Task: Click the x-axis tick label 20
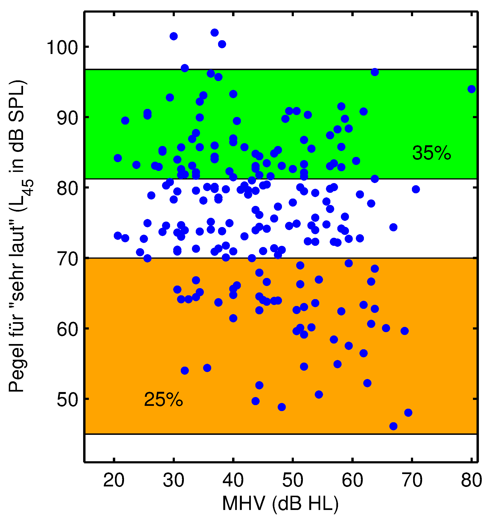click(114, 480)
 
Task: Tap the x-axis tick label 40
click(233, 480)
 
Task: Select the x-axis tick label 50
click(293, 480)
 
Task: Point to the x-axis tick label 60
click(353, 480)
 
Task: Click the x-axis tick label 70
click(412, 480)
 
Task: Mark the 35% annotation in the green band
click(432, 153)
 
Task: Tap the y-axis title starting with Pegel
click(18, 236)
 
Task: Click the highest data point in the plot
click(215, 33)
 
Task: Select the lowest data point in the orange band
click(393, 426)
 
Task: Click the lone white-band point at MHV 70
click(416, 189)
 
